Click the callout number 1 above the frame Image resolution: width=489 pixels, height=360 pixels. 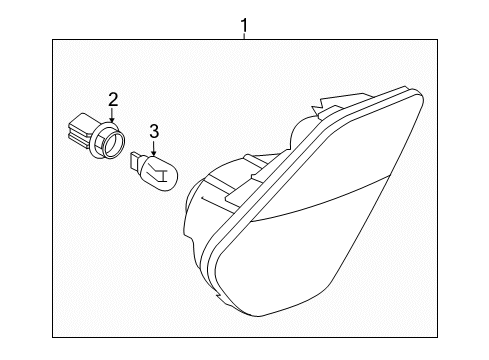[x=244, y=25]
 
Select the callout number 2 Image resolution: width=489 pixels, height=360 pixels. [x=113, y=100]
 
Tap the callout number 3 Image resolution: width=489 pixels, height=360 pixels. [x=154, y=131]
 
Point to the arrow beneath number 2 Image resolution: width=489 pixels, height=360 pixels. [x=112, y=115]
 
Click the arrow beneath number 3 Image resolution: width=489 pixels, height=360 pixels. [x=153, y=148]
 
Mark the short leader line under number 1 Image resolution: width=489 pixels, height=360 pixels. [x=244, y=36]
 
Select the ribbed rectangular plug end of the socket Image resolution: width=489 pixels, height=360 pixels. [x=79, y=131]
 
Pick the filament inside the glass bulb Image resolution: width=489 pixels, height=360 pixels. [x=158, y=172]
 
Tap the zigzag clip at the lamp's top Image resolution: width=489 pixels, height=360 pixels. [x=320, y=106]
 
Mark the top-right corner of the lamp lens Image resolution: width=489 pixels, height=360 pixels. [x=423, y=95]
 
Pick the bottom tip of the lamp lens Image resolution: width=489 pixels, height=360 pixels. [x=257, y=316]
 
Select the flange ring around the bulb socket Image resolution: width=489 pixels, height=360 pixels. [x=107, y=140]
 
